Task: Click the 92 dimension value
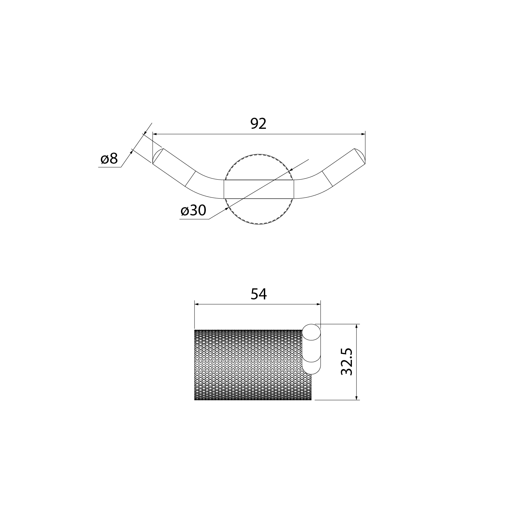click(259, 124)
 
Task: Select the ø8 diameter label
click(109, 159)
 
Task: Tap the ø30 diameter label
click(193, 210)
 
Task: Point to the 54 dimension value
click(259, 294)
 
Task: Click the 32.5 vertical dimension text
click(346, 362)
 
